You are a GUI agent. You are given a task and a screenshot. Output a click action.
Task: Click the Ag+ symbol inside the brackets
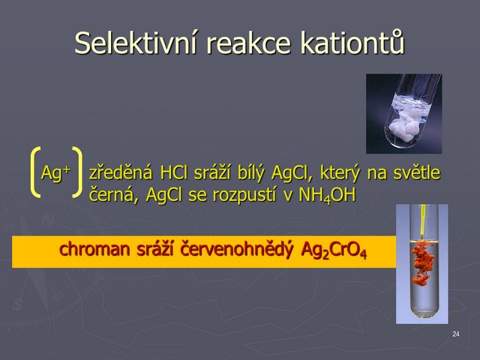pos(55,172)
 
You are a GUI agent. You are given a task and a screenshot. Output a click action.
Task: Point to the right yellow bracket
pos(79,172)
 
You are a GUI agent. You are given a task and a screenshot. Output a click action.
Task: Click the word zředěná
pos(121,172)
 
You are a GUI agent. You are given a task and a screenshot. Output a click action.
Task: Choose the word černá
pos(112,195)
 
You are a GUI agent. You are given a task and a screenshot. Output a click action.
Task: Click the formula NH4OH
pos(327,195)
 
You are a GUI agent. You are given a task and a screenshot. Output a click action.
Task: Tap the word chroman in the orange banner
pos(94,249)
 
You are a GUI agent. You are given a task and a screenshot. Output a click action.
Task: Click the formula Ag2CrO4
pos(334,250)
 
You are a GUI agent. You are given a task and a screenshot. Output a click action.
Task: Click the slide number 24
pos(456,334)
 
